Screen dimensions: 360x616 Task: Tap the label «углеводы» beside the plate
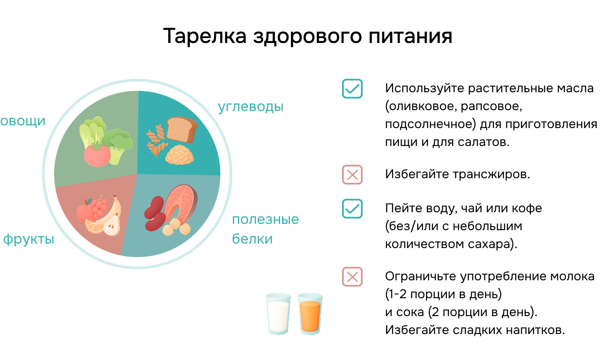coord(251,107)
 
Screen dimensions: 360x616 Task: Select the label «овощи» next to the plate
coord(23,121)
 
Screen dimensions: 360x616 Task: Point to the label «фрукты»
coord(29,239)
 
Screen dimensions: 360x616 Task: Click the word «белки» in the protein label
coord(252,239)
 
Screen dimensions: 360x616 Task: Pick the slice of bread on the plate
coord(181,129)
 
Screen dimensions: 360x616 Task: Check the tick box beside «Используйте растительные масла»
coord(352,89)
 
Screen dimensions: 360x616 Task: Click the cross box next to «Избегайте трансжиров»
coord(352,175)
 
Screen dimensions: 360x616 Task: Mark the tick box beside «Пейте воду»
coord(352,209)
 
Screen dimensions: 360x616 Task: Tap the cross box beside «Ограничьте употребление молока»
coord(352,277)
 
